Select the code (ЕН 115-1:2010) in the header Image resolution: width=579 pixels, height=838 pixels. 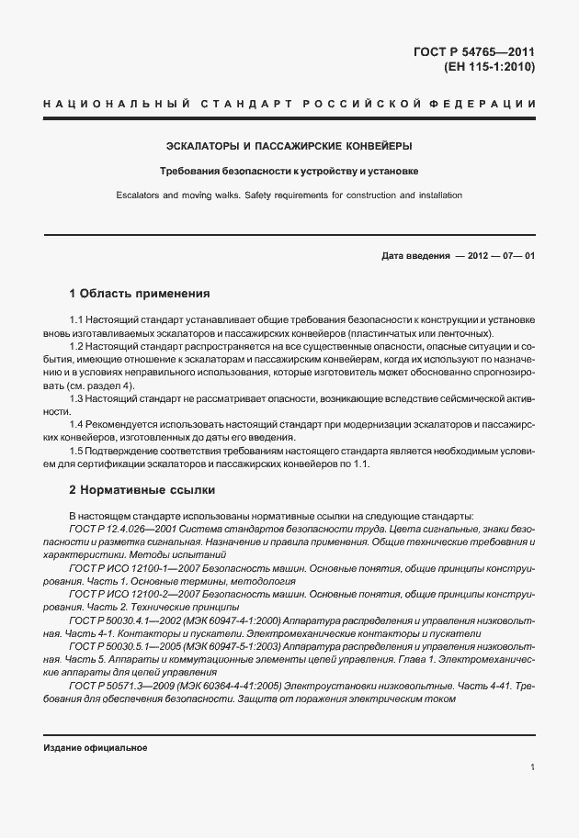(x=489, y=67)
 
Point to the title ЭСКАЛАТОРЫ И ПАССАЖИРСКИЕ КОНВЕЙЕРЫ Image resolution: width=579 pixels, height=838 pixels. (x=289, y=146)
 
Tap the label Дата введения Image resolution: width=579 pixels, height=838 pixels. (x=415, y=256)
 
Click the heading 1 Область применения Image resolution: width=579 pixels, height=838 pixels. (x=140, y=294)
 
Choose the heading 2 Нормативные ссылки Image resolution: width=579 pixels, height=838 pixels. (x=142, y=489)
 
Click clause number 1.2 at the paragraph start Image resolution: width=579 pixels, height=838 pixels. (x=76, y=345)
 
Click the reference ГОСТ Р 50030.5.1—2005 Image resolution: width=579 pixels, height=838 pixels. (x=121, y=646)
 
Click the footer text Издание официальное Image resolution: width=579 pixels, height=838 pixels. (x=96, y=747)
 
